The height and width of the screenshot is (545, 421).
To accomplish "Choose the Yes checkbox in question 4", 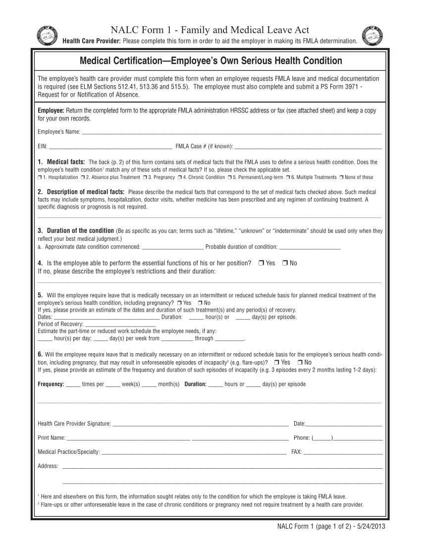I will (x=261, y=263).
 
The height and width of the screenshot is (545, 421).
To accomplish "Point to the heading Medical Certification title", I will (x=211, y=61).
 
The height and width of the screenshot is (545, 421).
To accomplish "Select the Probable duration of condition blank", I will (x=310, y=248).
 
